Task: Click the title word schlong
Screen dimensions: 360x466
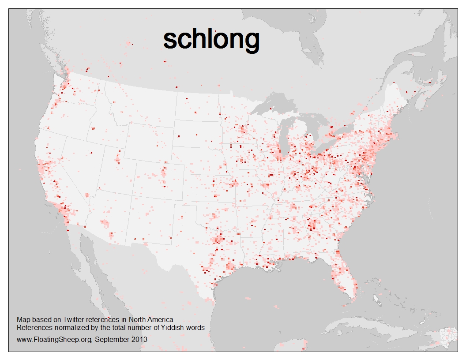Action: (211, 40)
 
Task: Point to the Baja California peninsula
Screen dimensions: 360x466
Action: (88, 260)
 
